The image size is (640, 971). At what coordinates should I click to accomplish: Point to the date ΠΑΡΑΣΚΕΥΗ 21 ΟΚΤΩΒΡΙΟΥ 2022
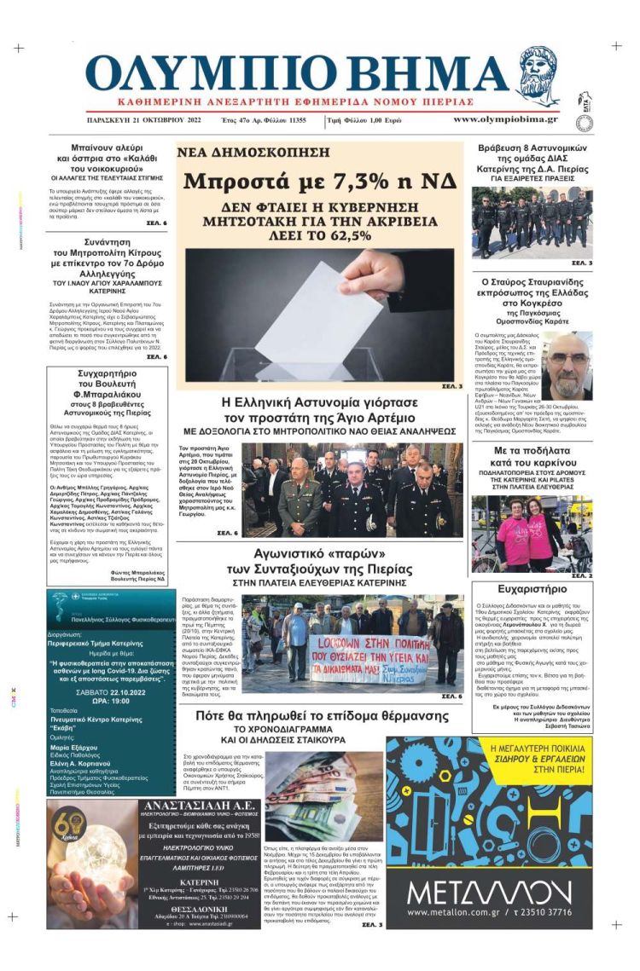[143, 120]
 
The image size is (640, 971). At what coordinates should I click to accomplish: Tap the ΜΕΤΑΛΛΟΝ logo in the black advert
[489, 893]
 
